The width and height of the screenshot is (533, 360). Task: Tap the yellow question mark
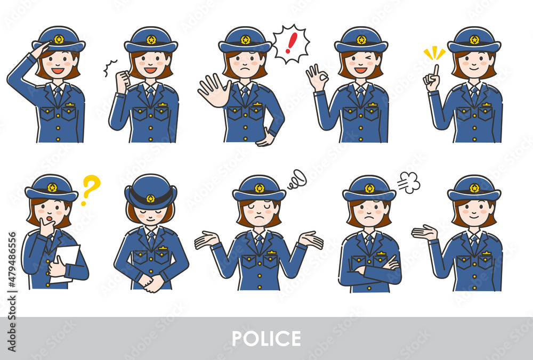tap(91, 189)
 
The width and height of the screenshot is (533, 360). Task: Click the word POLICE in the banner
tap(266, 339)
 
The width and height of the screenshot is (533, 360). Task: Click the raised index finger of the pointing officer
tap(435, 71)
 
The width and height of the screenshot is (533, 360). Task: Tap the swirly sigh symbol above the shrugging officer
tap(297, 179)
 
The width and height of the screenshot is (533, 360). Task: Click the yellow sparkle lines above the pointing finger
tap(434, 54)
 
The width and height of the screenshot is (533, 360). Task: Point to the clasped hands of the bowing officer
tap(151, 283)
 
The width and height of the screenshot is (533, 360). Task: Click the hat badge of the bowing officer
tap(150, 199)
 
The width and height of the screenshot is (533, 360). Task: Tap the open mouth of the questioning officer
tap(50, 218)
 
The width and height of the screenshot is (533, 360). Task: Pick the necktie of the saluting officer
tap(58, 95)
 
